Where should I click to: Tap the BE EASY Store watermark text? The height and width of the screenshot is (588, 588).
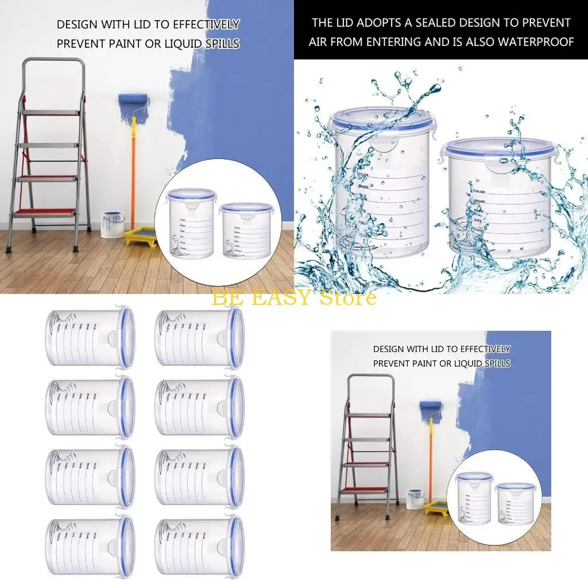pos(294,297)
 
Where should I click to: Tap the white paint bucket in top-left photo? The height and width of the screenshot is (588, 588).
pos(111,225)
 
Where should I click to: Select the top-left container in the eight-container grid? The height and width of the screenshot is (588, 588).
pos(90,337)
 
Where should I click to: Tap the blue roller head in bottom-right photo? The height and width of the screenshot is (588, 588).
pos(431,407)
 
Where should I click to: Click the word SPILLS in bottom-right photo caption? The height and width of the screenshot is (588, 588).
pos(496,363)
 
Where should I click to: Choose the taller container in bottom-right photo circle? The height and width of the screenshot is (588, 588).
pos(474,500)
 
